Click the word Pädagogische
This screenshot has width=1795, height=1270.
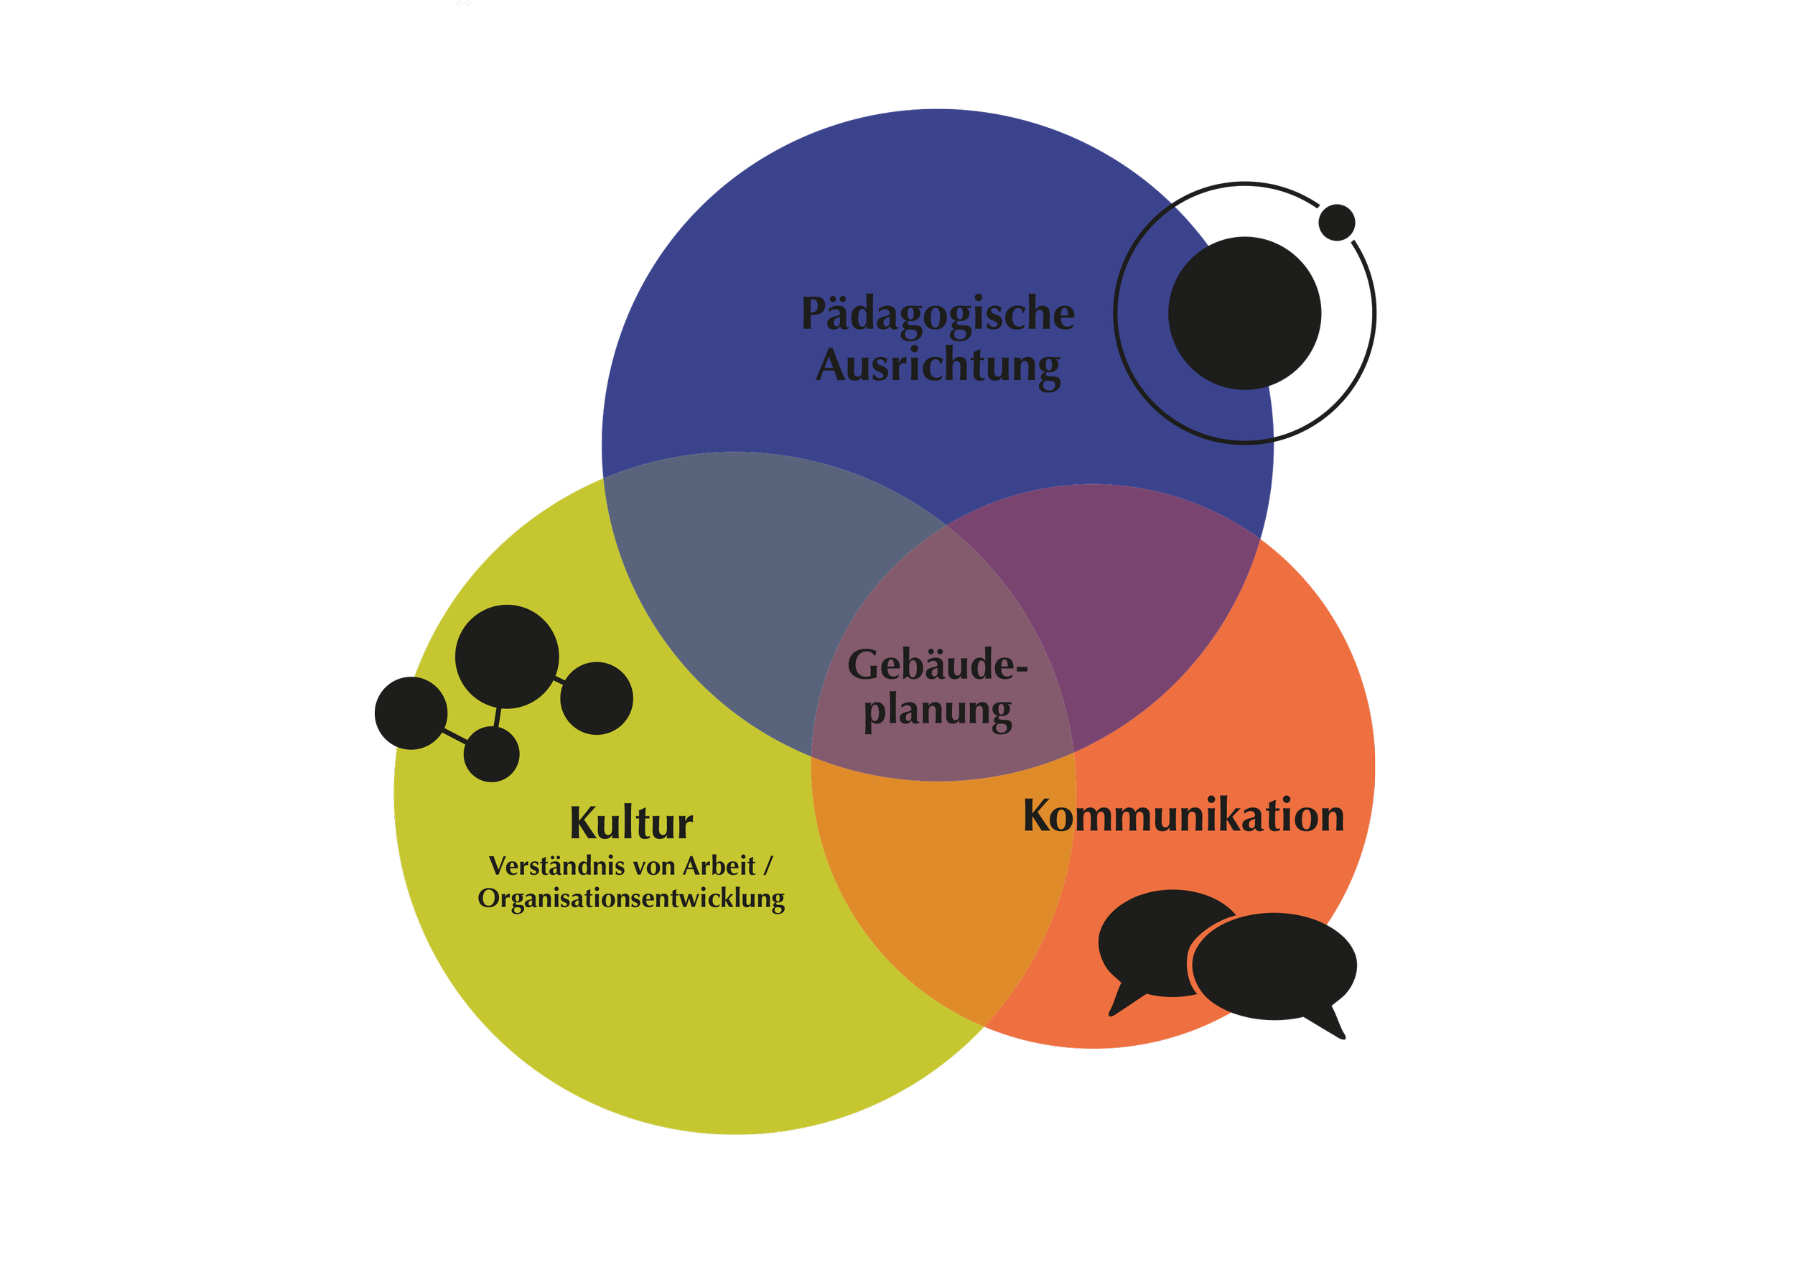(938, 315)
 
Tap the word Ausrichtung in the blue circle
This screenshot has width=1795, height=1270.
(938, 366)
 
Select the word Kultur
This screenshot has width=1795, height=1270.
(631, 822)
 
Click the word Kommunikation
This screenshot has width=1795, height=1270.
(1183, 815)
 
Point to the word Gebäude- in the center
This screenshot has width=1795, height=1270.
(936, 665)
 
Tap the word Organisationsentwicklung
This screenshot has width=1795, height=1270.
(631, 899)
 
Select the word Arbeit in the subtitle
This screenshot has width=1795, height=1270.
(719, 866)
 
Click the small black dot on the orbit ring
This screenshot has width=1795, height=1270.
(1336, 223)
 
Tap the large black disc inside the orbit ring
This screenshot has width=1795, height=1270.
(1244, 312)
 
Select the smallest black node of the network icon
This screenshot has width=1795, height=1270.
(491, 754)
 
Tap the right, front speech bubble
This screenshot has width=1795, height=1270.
(1274, 967)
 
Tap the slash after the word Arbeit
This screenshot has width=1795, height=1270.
(768, 866)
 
